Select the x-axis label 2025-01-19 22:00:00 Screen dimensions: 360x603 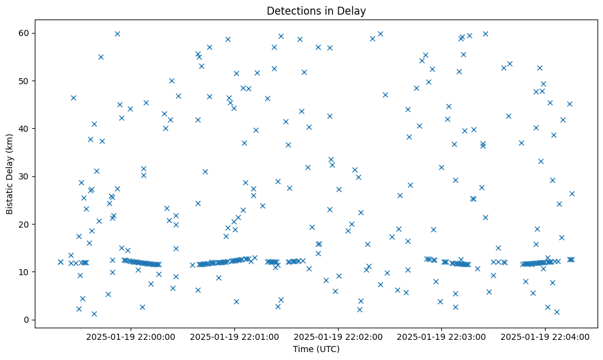131,336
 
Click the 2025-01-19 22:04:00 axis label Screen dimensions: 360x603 545,336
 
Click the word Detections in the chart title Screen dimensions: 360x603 291,10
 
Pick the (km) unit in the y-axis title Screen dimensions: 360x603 10,155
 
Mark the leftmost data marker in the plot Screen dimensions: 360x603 60,262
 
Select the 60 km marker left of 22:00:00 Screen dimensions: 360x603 117,34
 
